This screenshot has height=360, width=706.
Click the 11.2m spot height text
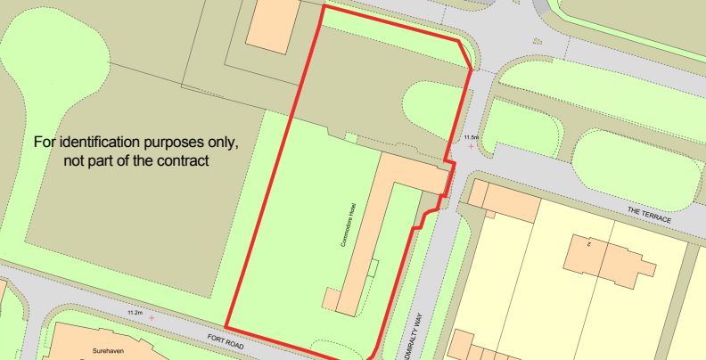(135, 313)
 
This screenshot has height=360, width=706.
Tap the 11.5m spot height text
(471, 136)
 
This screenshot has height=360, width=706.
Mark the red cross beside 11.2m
(152, 317)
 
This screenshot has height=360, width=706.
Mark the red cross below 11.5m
(471, 146)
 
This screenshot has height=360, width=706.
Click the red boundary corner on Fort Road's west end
(226, 325)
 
